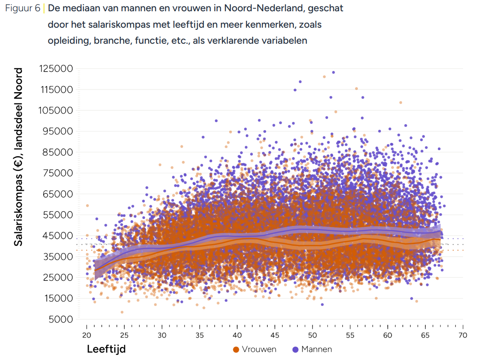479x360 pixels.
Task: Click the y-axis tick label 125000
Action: tap(56, 69)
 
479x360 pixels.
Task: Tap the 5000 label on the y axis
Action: tap(61, 319)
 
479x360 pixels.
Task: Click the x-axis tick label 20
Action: tap(87, 335)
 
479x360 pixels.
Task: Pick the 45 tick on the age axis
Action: tap(275, 335)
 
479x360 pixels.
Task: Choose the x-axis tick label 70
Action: tap(463, 335)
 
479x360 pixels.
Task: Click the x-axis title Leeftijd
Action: tap(106, 349)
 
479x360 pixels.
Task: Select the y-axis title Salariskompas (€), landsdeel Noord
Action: tap(18, 157)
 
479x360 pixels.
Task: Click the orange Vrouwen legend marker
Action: tap(236, 349)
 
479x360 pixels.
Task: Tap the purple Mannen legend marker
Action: tap(296, 349)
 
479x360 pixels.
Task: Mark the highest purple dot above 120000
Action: tap(333, 72)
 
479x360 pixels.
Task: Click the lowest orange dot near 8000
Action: tap(122, 312)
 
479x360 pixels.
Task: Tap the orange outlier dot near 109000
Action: tap(401, 103)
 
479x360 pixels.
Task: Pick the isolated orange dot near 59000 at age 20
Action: tap(87, 206)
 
